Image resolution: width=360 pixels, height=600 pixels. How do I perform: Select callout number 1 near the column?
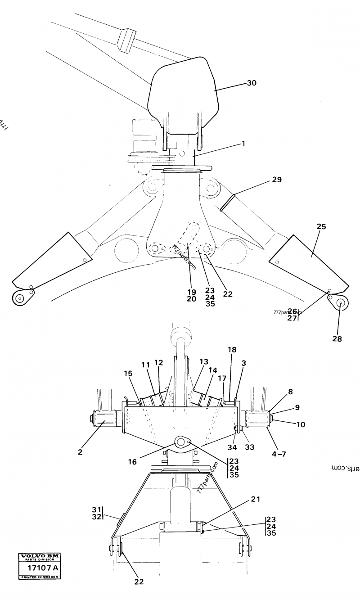tap(243, 144)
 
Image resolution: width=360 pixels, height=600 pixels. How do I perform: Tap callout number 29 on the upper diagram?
tap(276, 180)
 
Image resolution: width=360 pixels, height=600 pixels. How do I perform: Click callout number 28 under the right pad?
tap(336, 338)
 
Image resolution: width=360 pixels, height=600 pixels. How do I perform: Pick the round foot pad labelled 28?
tap(339, 303)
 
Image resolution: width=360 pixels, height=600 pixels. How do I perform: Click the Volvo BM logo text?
tap(41, 557)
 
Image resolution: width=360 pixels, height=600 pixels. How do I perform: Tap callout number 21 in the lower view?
tap(256, 498)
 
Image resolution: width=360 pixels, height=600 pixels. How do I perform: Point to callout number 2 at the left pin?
tap(80, 452)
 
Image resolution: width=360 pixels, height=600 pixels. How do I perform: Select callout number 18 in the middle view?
tap(231, 350)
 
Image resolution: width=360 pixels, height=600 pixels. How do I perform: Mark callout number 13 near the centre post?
tap(203, 361)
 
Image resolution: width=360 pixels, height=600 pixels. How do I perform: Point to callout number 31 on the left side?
tap(95, 509)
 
